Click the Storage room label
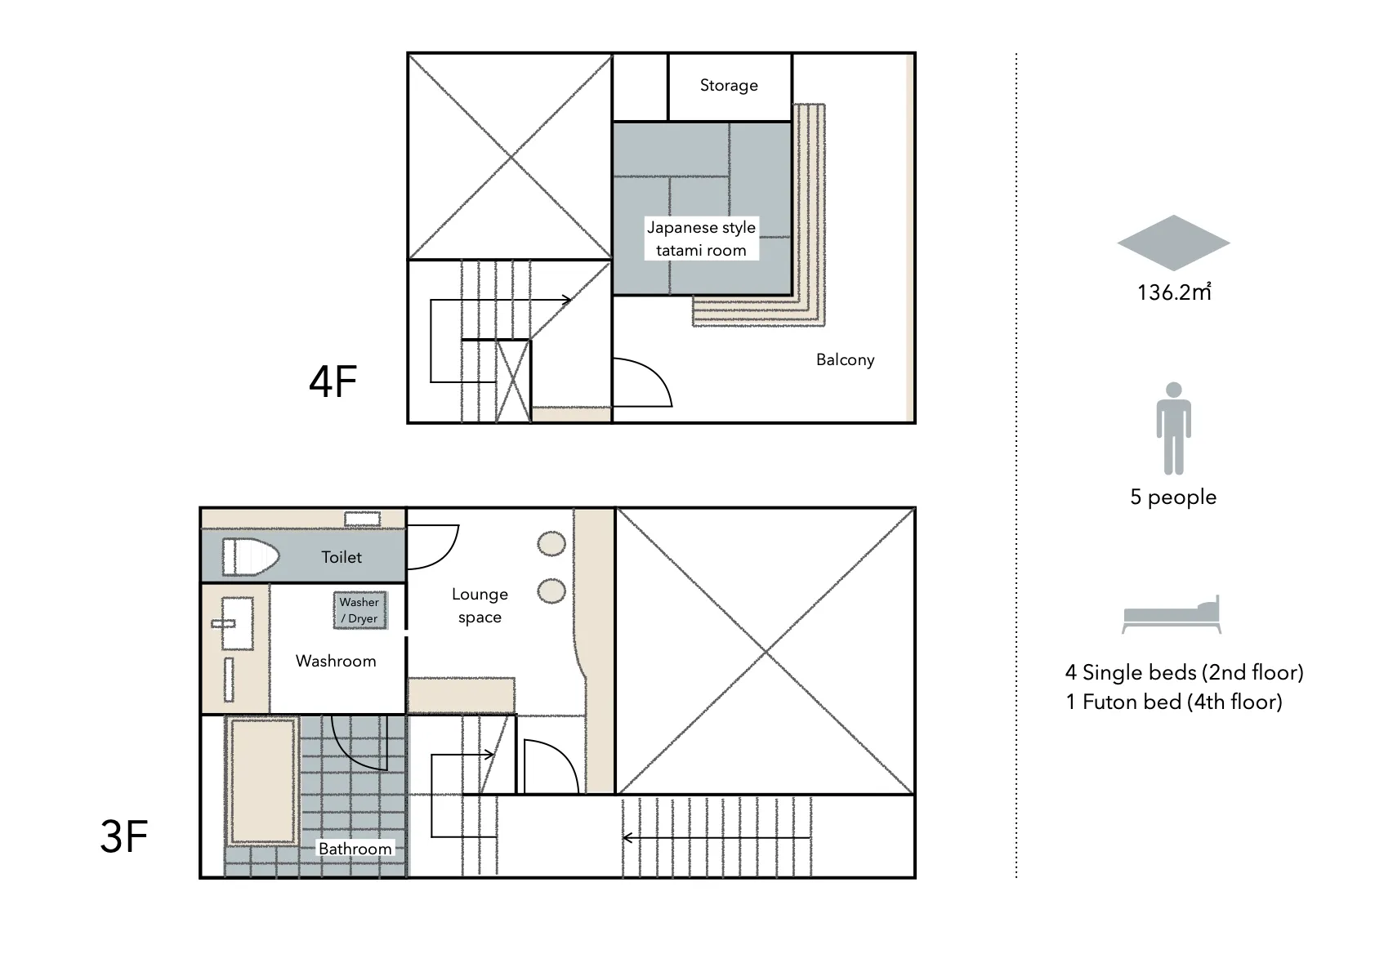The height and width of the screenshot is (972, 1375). pos(729,85)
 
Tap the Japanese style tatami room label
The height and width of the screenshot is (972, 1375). pos(701,239)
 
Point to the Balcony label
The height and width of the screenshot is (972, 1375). pos(846,359)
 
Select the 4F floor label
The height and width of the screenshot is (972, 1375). pos(333,381)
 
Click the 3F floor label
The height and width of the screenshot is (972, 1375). pos(124,836)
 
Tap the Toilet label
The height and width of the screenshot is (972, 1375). pos(342,557)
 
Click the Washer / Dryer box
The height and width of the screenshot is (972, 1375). pos(360,611)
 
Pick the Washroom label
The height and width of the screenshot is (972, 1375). pos(336,661)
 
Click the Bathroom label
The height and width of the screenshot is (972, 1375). pos(355,849)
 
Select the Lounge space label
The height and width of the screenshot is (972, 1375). pos(480,605)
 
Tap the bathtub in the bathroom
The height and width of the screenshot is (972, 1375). pos(262,781)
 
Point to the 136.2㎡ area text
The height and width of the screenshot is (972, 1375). pos(1174,292)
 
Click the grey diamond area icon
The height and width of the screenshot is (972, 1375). pos(1174,243)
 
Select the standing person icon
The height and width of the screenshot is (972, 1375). pos(1174,428)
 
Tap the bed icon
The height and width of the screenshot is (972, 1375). pos(1172,615)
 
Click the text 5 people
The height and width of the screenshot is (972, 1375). pos(1173,497)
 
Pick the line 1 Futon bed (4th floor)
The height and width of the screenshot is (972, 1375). pos(1174,702)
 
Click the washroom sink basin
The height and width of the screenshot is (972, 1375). pos(237,623)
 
